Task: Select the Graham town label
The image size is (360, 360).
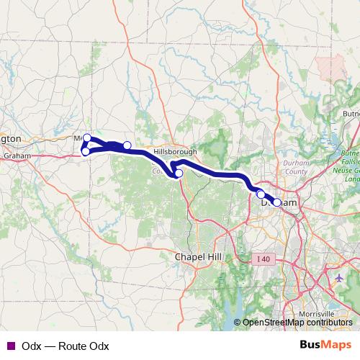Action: pos(15,156)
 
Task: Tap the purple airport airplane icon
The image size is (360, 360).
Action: pos(341,277)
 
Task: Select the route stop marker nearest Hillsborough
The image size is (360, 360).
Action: pos(179,173)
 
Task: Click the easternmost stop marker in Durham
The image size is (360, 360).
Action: pos(276,202)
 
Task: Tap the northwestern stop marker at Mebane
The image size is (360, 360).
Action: pos(87,138)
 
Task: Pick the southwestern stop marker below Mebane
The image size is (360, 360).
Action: pos(85,151)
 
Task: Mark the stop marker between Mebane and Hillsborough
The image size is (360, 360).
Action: pos(127,145)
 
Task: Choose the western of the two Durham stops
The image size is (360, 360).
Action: pos(261,194)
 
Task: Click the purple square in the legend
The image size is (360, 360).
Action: pos(9,346)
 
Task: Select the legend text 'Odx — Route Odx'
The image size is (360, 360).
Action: pos(66,346)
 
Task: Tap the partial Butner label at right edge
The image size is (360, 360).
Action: pos(351,114)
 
